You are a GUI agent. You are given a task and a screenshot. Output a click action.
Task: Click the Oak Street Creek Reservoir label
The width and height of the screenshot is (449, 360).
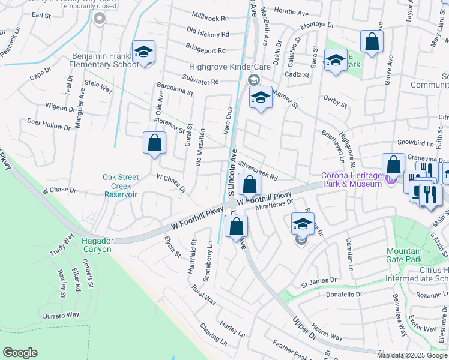[121, 185]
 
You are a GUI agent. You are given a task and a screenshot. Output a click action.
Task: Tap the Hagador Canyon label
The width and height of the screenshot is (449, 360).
[97, 245]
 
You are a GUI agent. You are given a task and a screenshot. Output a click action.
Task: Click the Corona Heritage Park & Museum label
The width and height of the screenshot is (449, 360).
[351, 179]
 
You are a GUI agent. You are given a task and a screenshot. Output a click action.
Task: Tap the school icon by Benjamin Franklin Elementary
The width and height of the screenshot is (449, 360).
[143, 53]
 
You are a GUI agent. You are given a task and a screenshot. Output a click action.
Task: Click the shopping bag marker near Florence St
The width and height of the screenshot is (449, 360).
[154, 143]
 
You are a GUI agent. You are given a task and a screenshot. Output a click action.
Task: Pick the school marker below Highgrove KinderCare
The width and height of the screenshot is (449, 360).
[261, 97]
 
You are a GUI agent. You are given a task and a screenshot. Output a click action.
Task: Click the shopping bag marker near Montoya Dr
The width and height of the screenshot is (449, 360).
[372, 42]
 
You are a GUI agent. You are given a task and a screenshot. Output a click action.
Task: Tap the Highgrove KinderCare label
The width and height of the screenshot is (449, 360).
[218, 67]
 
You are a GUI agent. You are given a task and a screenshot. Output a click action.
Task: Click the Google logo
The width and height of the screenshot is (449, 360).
[20, 353]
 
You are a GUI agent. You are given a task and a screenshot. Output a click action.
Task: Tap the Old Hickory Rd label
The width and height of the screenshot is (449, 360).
[207, 31]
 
